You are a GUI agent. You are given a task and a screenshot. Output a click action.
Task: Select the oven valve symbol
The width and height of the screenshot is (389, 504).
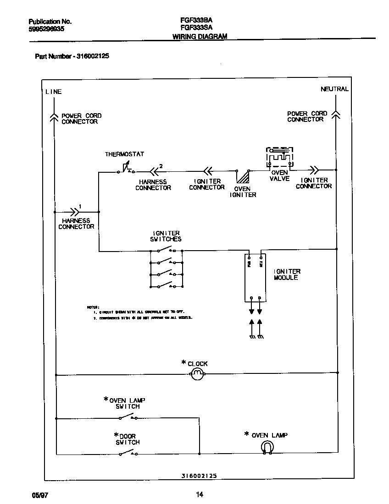(x=279, y=159)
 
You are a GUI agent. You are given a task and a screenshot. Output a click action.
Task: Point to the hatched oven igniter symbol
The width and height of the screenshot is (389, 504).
(x=243, y=177)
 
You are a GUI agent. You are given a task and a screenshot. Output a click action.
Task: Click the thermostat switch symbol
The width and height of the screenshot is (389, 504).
(x=125, y=170)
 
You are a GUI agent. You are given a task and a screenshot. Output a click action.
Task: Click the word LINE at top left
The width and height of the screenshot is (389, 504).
(x=53, y=92)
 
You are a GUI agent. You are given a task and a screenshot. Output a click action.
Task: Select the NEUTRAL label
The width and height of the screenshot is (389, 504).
(x=334, y=89)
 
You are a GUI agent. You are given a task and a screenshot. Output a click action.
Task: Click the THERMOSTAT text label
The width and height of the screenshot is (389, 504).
(x=124, y=154)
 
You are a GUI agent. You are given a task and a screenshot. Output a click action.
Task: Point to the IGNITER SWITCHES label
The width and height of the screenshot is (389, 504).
(x=166, y=236)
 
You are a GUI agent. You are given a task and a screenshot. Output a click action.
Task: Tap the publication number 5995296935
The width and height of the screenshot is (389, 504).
(x=46, y=28)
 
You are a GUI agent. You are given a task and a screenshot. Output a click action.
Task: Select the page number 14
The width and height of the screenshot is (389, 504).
(x=199, y=494)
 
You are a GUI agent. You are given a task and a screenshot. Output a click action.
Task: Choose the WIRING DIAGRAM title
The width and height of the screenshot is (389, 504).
(x=200, y=37)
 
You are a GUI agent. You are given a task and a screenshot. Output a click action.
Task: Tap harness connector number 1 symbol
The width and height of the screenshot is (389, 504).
(x=73, y=212)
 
